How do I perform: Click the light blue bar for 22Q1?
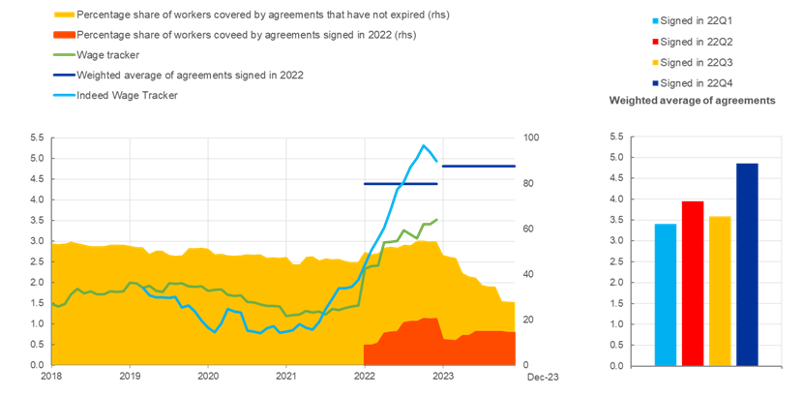point(666,294)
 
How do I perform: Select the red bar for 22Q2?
point(693,283)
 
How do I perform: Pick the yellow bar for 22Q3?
point(720,291)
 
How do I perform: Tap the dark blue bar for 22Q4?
point(747,263)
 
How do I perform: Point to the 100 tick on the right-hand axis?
point(530,138)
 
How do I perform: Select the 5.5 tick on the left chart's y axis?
point(38,138)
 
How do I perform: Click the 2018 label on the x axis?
point(50,375)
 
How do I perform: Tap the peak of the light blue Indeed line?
point(424,145)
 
